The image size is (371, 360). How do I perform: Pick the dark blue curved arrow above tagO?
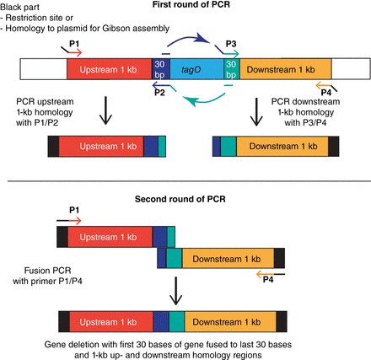(x=191, y=44)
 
